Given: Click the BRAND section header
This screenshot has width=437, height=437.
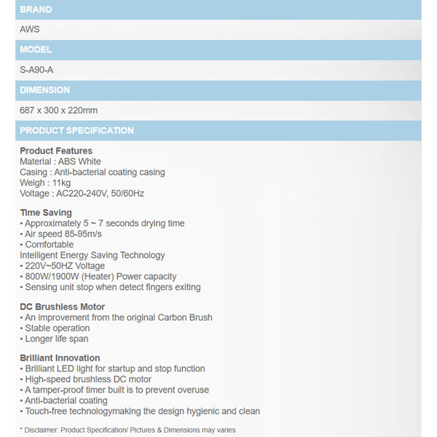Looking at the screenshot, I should [36, 9].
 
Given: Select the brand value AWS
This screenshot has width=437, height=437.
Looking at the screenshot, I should [30, 30].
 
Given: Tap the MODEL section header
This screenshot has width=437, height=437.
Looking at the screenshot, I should [36, 50].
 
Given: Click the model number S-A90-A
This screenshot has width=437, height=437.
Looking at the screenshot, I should [36, 70].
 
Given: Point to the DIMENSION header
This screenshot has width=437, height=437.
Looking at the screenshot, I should [45, 90].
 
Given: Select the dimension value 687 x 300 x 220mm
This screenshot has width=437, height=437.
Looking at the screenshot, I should [58, 111].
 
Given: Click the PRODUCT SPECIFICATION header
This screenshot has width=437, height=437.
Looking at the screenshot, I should [76, 131].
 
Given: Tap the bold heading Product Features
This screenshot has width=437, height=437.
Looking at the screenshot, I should [56, 151].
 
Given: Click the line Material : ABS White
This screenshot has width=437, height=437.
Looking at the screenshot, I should [60, 162].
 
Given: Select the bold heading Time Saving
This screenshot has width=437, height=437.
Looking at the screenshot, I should [46, 213].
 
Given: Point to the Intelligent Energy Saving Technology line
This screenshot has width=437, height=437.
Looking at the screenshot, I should [92, 256].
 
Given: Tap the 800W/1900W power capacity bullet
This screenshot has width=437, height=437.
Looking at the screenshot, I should [101, 277].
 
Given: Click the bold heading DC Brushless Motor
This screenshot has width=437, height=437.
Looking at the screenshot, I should [63, 307].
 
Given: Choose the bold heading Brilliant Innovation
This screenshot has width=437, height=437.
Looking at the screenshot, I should [60, 358].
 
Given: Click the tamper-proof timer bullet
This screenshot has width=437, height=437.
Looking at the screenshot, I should [117, 390].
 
